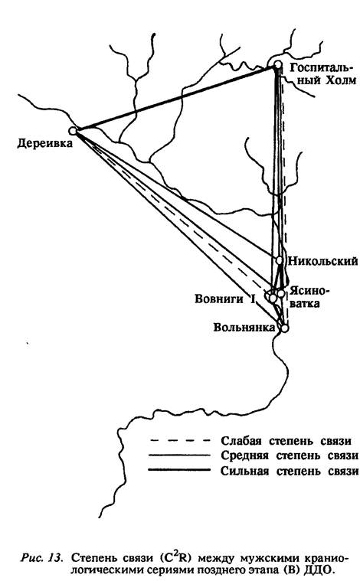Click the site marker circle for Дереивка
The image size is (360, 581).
pyautogui.click(x=73, y=130)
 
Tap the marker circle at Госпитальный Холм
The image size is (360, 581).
pyautogui.click(x=278, y=66)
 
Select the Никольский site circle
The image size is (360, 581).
pyautogui.click(x=280, y=260)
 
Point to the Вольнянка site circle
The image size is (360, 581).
pyautogui.click(x=284, y=328)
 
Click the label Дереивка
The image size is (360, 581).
pyautogui.click(x=45, y=144)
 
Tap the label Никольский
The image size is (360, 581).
pyautogui.click(x=323, y=261)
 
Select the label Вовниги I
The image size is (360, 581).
pyautogui.click(x=225, y=299)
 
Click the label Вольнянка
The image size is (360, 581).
pyautogui.click(x=244, y=327)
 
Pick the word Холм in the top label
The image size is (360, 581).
pyautogui.click(x=341, y=80)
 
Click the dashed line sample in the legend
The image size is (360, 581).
pyautogui.click(x=180, y=441)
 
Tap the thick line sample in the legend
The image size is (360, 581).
pyautogui.click(x=180, y=471)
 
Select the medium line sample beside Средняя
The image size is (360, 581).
pyautogui.click(x=180, y=455)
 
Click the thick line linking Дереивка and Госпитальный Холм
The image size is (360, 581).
pyautogui.click(x=175, y=98)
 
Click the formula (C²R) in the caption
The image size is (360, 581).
pyautogui.click(x=175, y=557)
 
